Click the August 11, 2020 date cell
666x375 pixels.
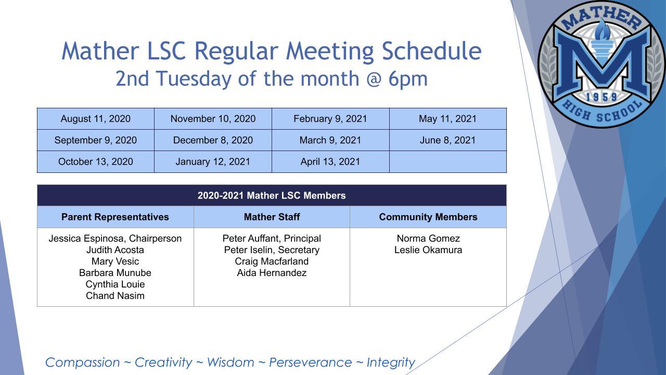(x=96, y=119)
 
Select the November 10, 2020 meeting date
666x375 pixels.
(x=213, y=119)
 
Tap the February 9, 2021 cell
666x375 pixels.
(x=330, y=119)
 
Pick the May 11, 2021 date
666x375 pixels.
(x=447, y=119)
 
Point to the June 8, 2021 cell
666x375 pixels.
(x=447, y=140)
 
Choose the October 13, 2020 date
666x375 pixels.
(x=96, y=161)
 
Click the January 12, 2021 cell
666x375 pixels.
(x=213, y=161)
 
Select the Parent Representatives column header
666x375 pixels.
(x=115, y=217)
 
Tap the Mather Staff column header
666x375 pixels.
(x=272, y=217)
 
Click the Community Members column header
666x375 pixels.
(x=428, y=217)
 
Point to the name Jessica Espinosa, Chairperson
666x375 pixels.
(x=115, y=239)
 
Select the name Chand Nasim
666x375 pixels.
(x=115, y=296)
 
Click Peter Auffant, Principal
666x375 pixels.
(x=272, y=239)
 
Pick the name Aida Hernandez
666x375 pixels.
(x=272, y=273)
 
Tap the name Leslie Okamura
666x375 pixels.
(x=428, y=250)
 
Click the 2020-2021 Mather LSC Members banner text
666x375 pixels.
(x=272, y=196)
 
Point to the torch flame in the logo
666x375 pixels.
(x=603, y=30)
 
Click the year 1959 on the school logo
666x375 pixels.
(x=601, y=97)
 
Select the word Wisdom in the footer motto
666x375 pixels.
(x=230, y=362)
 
